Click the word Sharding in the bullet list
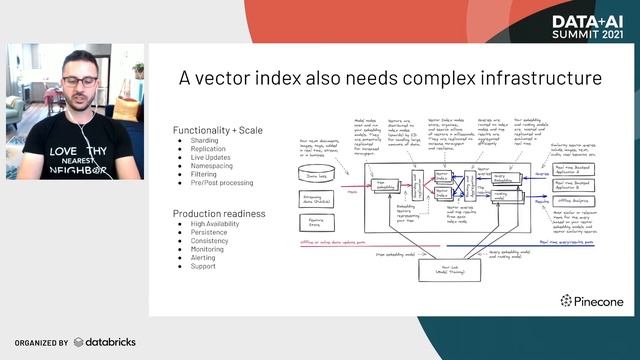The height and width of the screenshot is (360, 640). (x=204, y=141)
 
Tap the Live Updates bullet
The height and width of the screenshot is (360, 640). (x=211, y=159)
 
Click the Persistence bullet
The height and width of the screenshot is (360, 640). (x=209, y=233)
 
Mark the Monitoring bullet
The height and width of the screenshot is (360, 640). (x=208, y=250)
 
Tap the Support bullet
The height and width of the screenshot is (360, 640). (x=203, y=267)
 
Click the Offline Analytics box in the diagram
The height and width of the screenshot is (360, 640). (x=578, y=200)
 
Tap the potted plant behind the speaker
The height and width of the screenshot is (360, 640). (x=137, y=72)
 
